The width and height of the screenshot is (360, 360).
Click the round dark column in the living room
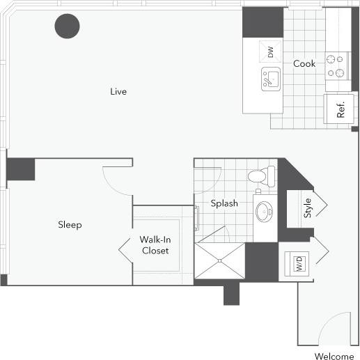point(68,26)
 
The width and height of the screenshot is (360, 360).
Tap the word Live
point(118,91)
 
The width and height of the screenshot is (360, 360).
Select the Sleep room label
point(70,225)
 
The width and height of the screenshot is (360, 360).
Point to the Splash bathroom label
point(225,203)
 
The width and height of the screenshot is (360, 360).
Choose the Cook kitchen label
point(304,63)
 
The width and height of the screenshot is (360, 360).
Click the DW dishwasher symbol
point(271,51)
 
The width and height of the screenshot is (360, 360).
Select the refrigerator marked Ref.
point(341,111)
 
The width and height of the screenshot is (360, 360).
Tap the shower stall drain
point(221,261)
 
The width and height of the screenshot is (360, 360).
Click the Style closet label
point(307,208)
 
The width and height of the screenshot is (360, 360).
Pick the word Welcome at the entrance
point(334,356)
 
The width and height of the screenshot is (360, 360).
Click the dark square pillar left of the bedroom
point(21,169)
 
